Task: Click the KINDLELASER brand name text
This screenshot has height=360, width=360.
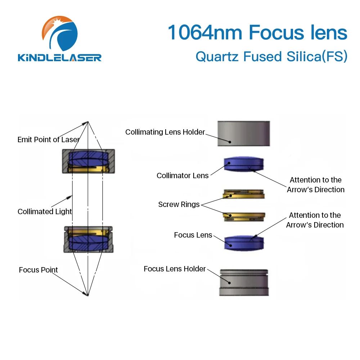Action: tap(60, 57)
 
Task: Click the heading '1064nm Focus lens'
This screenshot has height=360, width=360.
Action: tap(257, 32)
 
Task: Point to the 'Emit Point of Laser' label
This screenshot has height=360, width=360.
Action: tap(48, 140)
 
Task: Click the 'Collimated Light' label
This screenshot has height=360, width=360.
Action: tap(45, 212)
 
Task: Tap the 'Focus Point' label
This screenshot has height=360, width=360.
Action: tap(38, 270)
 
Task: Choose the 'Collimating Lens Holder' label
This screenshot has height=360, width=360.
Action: tap(165, 132)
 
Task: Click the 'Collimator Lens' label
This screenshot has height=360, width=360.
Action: tap(183, 176)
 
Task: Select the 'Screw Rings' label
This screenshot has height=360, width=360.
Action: tap(179, 204)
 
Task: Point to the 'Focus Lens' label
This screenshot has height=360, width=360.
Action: tap(193, 235)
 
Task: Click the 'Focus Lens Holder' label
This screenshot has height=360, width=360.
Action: tap(175, 269)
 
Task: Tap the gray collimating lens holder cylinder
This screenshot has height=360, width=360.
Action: tap(244, 133)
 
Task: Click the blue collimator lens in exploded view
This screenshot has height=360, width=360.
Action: tap(244, 164)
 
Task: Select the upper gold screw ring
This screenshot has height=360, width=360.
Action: tap(244, 194)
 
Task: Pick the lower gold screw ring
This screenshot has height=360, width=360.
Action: tap(244, 216)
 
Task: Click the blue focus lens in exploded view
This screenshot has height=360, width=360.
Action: tap(244, 243)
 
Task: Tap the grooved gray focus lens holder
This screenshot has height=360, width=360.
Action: tap(244, 283)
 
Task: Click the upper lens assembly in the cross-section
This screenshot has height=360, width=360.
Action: tap(88, 161)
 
